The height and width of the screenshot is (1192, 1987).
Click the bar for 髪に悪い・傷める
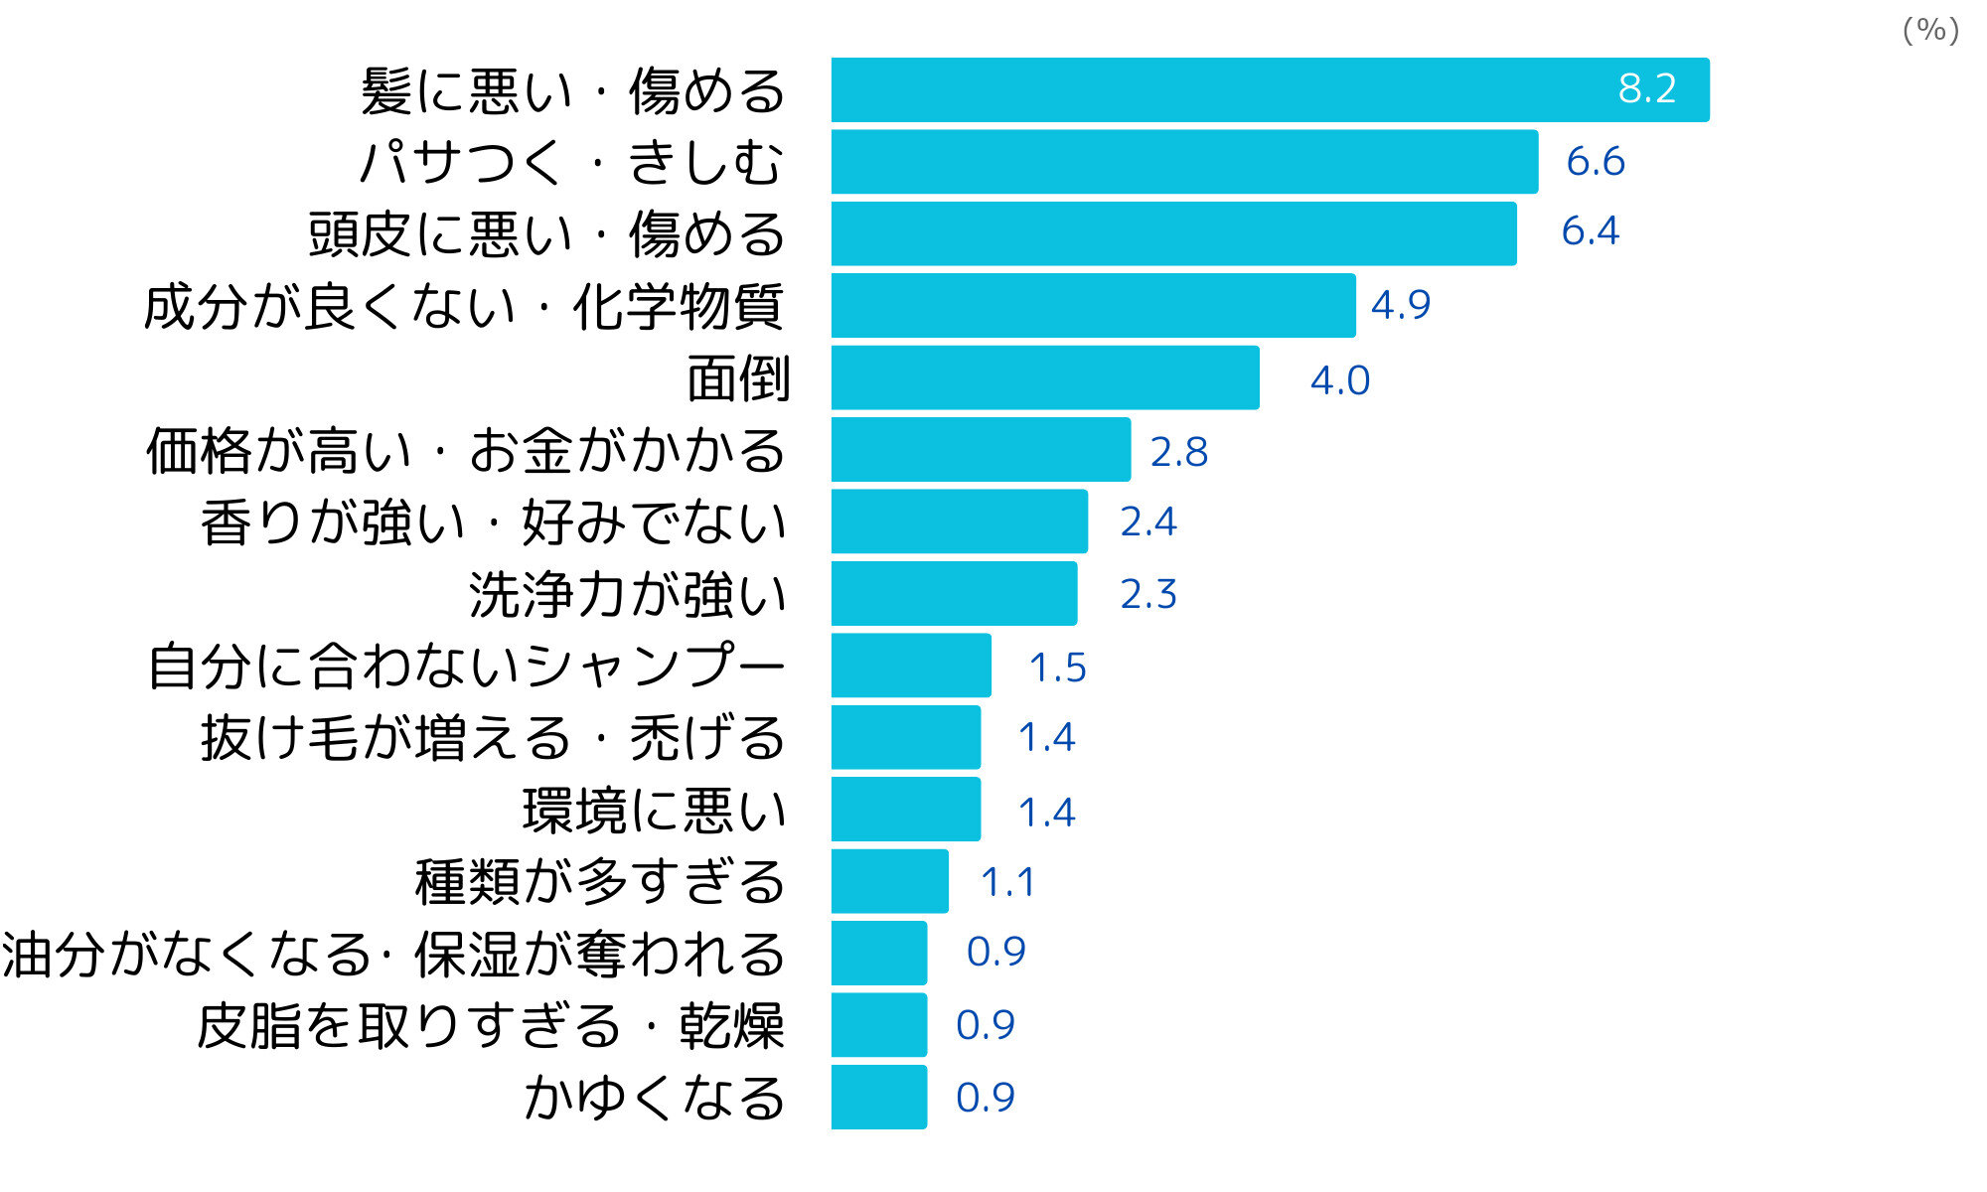[x=1270, y=90]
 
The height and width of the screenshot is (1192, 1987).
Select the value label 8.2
[x=1647, y=89]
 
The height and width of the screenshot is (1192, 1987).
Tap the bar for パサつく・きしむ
[x=1184, y=162]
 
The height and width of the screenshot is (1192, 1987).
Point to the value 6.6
[x=1596, y=161]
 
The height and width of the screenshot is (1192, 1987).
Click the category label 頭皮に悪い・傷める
[x=546, y=234]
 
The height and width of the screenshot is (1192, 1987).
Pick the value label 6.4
[x=1590, y=231]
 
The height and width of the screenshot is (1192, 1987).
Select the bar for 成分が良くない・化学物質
[x=1093, y=306]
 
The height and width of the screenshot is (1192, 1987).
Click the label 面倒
[x=738, y=378]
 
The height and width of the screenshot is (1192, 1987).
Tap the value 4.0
[x=1340, y=380]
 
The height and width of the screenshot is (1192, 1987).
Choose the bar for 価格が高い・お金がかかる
[x=981, y=450]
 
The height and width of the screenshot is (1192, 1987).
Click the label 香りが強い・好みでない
[x=494, y=522]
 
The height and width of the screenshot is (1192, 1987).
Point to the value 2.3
[x=1148, y=594]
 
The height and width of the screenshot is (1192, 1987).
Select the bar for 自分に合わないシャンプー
[x=911, y=666]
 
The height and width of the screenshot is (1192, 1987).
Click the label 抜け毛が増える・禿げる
[x=493, y=738]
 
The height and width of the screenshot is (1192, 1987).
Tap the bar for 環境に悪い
[x=906, y=810]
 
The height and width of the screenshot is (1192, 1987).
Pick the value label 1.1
[x=1007, y=882]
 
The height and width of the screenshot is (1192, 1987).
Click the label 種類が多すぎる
[x=600, y=882]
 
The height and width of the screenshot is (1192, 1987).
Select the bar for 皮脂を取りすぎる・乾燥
[x=879, y=1025]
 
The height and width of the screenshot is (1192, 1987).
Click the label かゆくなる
[x=655, y=1098]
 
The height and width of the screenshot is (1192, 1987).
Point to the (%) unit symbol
[x=1930, y=30]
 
